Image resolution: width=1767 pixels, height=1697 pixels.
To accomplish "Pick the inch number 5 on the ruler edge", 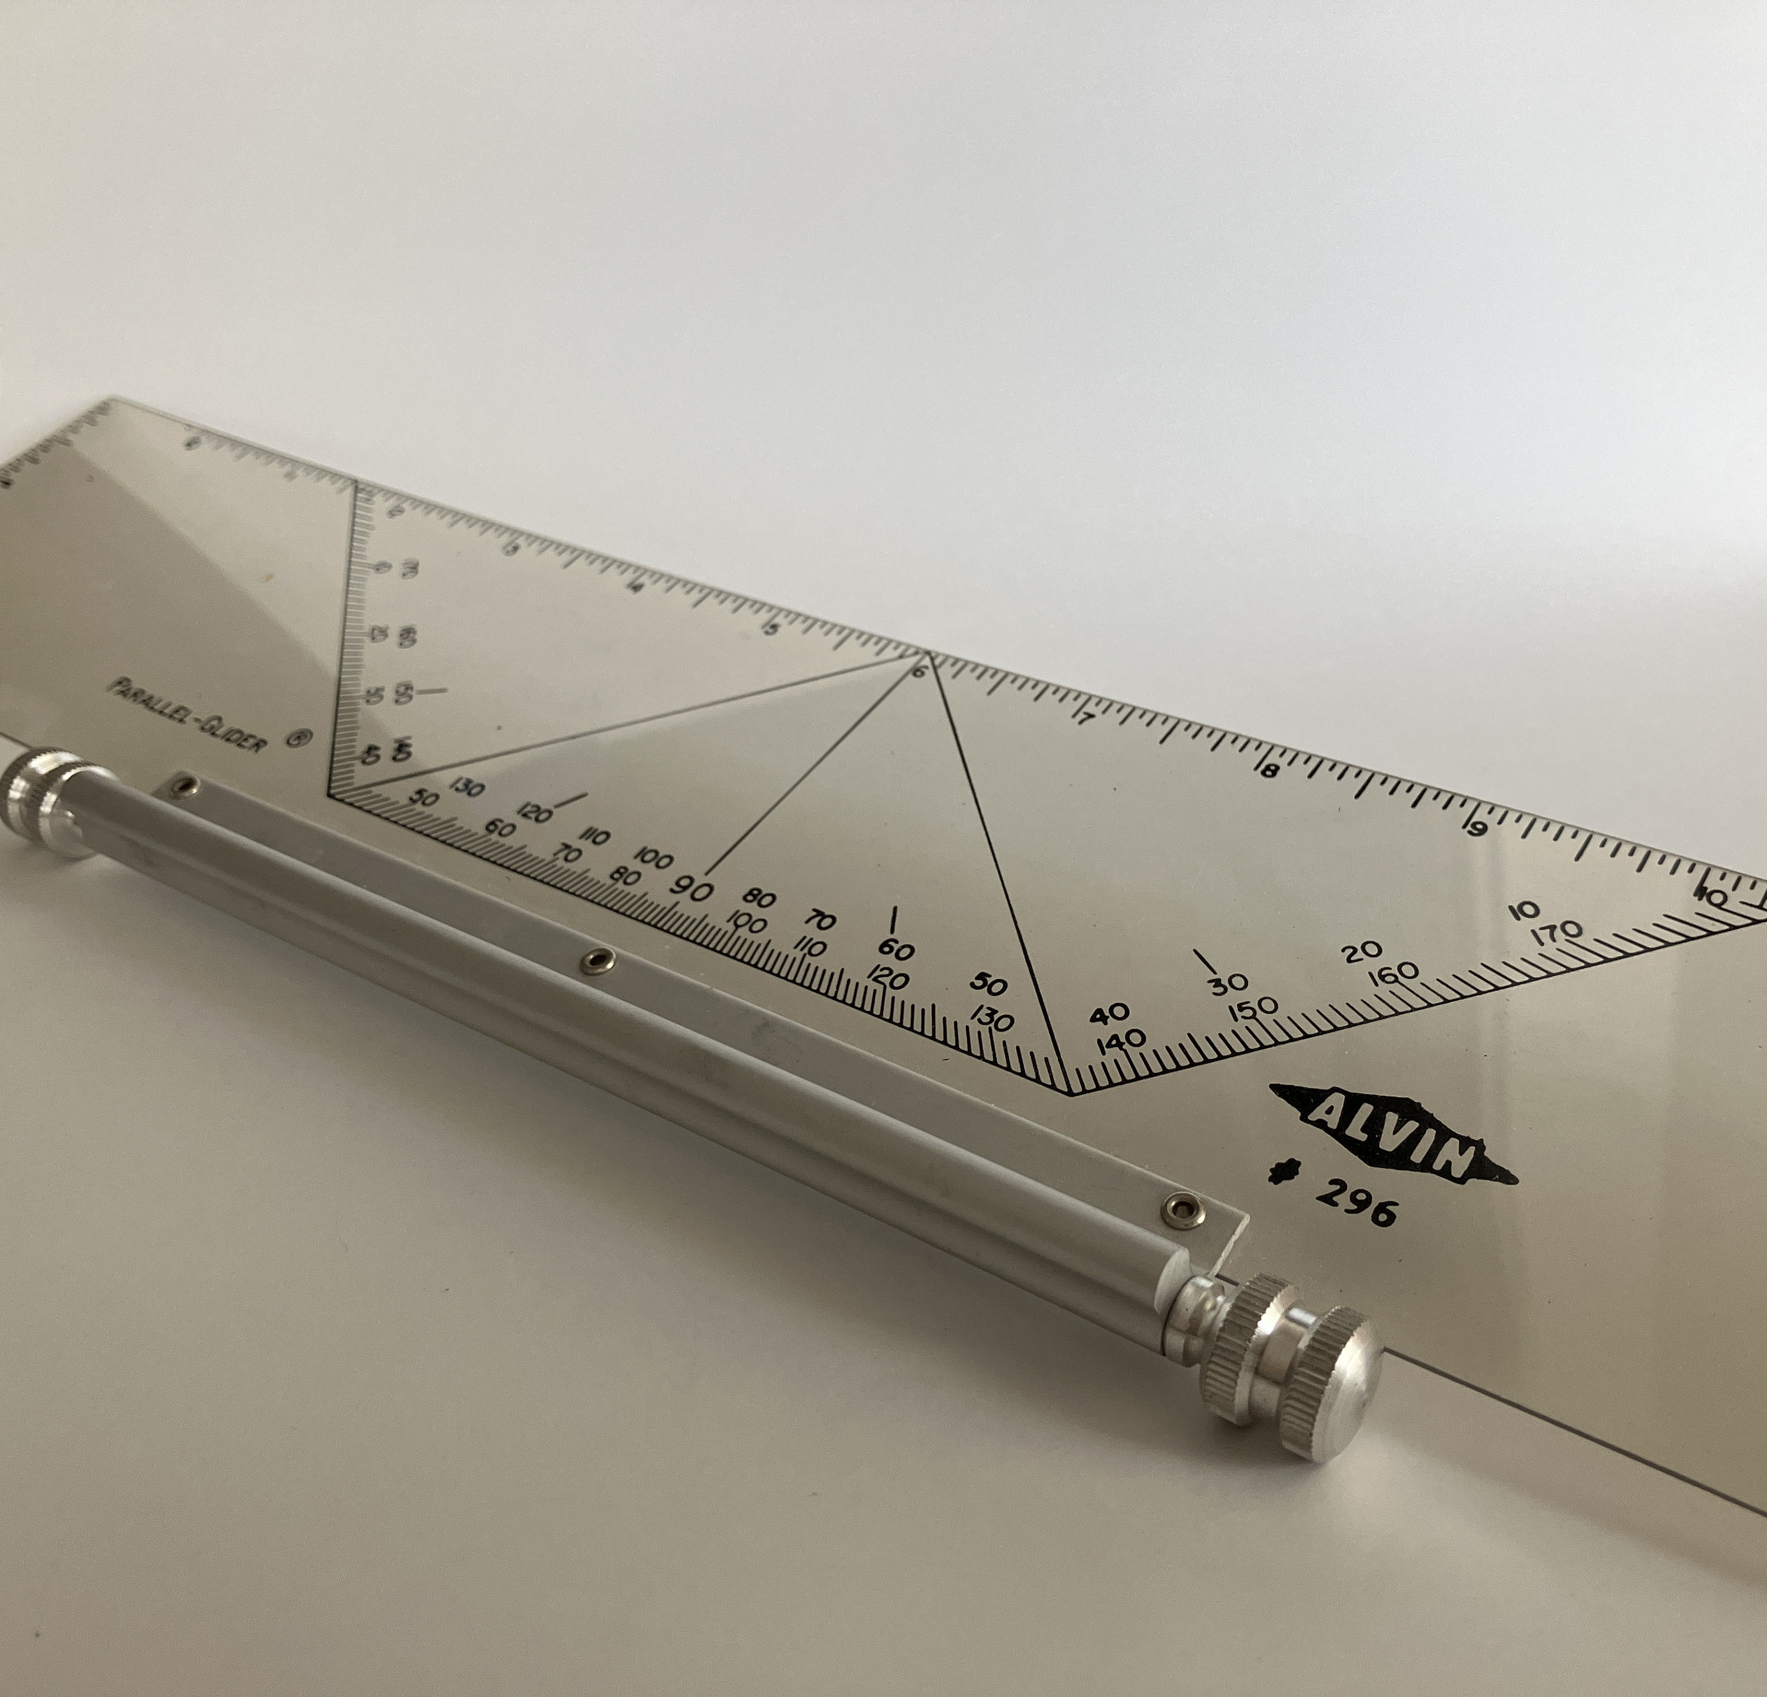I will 770,629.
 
